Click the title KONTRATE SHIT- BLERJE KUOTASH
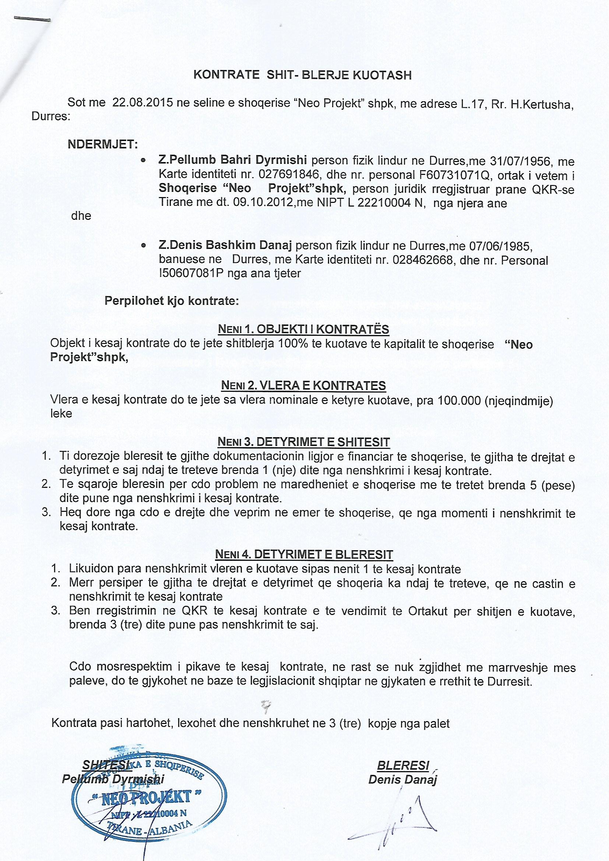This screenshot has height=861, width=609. (x=302, y=75)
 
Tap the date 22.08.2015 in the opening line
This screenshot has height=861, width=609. (x=142, y=103)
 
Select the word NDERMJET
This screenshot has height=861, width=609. (x=103, y=144)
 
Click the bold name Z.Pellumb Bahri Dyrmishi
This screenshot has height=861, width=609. (x=232, y=160)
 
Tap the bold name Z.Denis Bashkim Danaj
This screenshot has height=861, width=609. (x=225, y=245)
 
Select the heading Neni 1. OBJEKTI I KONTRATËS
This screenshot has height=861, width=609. (x=303, y=329)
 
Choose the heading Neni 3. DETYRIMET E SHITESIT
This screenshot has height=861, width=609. (x=303, y=442)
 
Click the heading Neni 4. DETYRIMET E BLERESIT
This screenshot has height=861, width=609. (x=304, y=554)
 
